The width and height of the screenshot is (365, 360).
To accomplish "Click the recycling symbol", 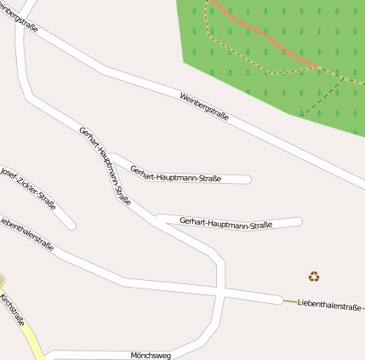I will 314,276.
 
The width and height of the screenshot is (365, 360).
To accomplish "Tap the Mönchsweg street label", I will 151,354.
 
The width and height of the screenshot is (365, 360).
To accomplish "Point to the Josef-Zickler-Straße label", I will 27,186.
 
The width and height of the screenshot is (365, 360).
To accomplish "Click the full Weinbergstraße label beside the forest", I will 204,107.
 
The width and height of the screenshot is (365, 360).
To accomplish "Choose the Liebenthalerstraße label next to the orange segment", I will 329,305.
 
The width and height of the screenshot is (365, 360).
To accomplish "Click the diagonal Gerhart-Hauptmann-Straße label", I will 105,166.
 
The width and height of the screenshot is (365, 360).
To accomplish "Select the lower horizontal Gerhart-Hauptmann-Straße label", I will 226,224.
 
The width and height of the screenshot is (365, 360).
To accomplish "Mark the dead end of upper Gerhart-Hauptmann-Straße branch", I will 248,179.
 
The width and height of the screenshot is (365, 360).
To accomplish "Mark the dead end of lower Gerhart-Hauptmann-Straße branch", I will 299,222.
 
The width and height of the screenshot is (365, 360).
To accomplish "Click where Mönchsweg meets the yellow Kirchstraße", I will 44,355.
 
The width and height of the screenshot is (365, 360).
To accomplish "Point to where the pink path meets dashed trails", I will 317,67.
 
